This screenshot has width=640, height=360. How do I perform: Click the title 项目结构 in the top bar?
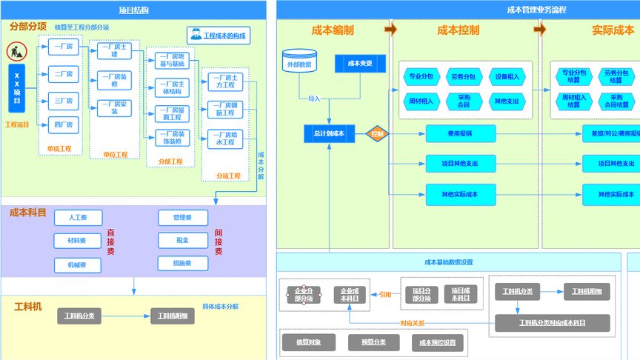click(x=133, y=10)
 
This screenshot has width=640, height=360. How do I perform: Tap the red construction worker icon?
click(x=17, y=52)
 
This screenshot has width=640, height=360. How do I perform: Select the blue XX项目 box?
click(x=17, y=89)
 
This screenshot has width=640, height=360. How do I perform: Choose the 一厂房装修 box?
click(x=115, y=80)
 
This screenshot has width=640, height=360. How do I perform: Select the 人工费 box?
click(x=78, y=218)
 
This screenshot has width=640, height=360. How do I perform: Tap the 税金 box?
click(x=181, y=241)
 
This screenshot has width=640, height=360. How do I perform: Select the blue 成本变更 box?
click(x=360, y=64)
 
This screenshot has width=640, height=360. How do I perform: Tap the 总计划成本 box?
click(x=330, y=134)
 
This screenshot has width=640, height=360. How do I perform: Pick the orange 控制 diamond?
click(x=377, y=134)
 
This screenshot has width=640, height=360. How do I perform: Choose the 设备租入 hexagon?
click(x=507, y=76)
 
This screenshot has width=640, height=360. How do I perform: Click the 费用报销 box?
click(x=460, y=133)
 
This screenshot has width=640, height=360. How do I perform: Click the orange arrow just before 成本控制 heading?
click(x=390, y=30)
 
